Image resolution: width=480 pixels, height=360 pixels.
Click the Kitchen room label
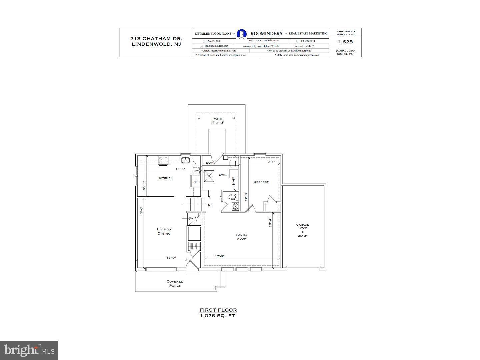pos(166,178)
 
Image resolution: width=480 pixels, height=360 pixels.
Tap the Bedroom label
pos(261,182)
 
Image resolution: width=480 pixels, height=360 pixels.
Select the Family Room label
pos(242,237)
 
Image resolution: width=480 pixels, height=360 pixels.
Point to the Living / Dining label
pos(164,231)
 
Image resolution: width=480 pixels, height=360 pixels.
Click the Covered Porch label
pos(175,283)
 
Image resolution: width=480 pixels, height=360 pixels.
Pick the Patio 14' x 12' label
pos(217,121)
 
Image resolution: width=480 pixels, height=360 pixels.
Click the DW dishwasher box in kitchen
pos(196,171)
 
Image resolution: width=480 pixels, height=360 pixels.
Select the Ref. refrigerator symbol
pos(196,182)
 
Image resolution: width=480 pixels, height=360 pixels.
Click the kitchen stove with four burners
pos(163,161)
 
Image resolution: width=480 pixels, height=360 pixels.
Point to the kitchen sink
pos(185,160)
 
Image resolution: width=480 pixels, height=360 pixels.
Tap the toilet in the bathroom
pos(233,197)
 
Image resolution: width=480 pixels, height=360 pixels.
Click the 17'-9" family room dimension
pos(220,256)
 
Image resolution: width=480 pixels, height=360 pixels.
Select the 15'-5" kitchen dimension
pos(180,169)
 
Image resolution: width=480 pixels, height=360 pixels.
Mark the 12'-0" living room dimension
pos(171,258)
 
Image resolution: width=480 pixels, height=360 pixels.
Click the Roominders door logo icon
pos(242,34)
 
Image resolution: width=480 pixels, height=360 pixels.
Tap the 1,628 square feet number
pos(345,42)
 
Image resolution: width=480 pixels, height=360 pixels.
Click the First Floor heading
pos(218,310)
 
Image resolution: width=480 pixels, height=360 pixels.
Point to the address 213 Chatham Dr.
pos(156,39)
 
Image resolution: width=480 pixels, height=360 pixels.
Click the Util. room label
pos(223,175)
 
